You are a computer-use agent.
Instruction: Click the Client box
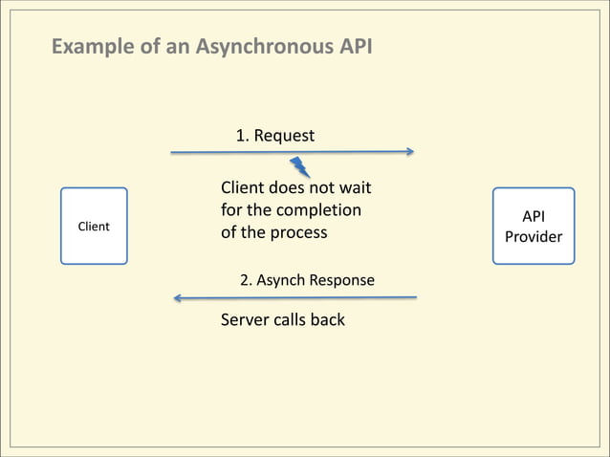click(94, 226)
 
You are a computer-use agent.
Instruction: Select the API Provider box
click(534, 226)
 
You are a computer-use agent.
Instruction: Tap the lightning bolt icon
click(300, 167)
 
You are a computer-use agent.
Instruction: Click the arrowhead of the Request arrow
click(409, 151)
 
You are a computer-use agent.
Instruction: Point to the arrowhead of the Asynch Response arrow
click(178, 298)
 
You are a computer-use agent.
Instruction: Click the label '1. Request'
click(275, 136)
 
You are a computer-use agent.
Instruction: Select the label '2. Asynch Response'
click(307, 280)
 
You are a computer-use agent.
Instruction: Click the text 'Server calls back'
click(283, 319)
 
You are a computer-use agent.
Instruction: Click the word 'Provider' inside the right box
click(534, 236)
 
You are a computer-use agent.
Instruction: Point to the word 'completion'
click(320, 209)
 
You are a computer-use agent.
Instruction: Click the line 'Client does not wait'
click(295, 186)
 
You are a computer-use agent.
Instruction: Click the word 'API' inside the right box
click(534, 216)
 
